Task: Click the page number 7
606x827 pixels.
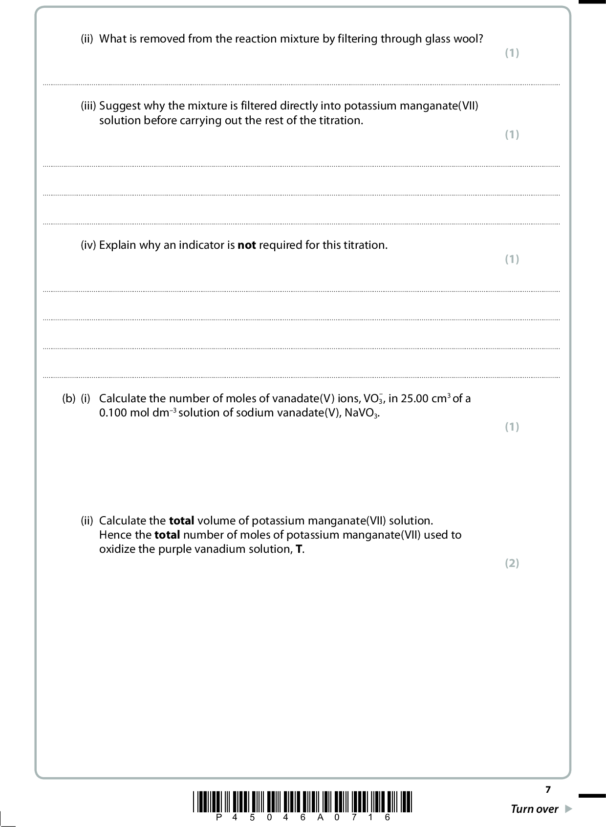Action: pos(548,789)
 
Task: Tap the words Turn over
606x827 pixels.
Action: pos(534,809)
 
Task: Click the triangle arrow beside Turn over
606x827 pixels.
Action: pos(568,809)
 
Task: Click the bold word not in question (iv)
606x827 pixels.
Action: pos(246,245)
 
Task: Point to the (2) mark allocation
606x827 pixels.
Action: pos(512,563)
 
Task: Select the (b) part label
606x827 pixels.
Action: pos(69,399)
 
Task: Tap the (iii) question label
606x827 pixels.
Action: pos(88,106)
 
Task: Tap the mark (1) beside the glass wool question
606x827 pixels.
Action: pos(512,53)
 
